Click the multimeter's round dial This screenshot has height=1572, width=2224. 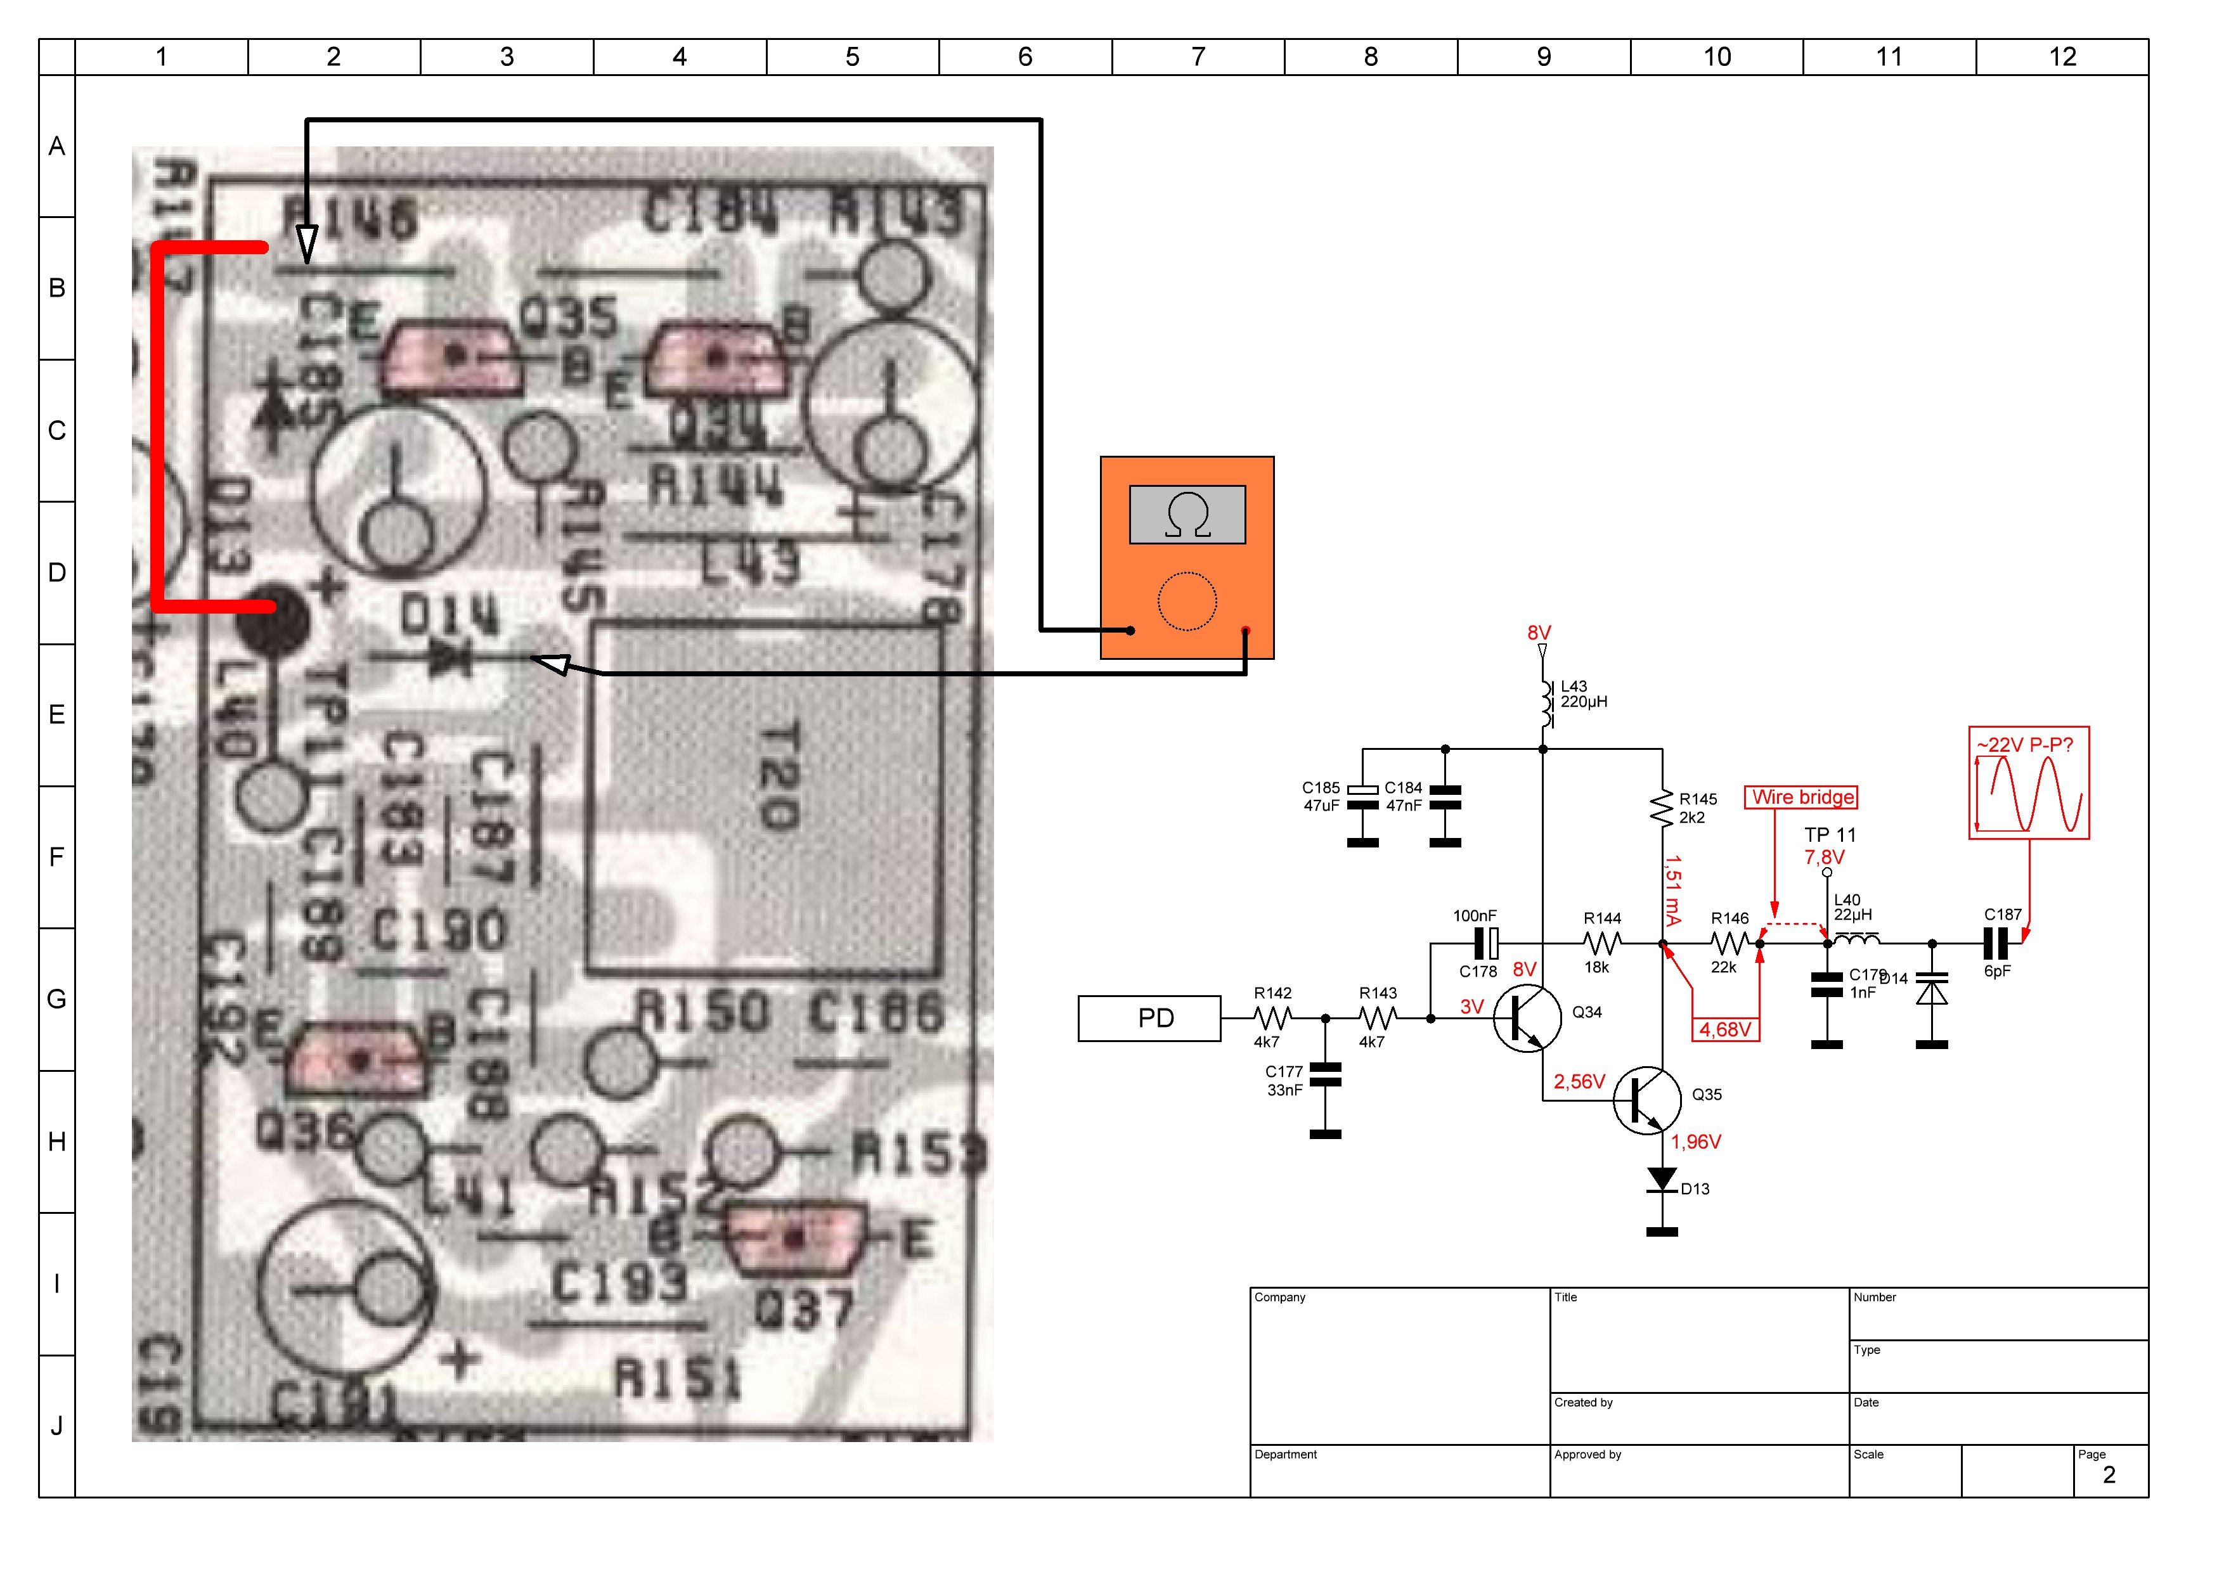pyautogui.click(x=1187, y=602)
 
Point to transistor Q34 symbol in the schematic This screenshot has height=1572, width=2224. pyautogui.click(x=1527, y=1018)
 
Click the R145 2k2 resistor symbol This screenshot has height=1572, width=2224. pyautogui.click(x=1662, y=808)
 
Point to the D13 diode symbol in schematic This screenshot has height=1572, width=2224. pyautogui.click(x=1662, y=1180)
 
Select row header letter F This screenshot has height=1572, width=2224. pyautogui.click(x=57, y=857)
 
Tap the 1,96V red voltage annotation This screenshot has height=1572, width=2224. pyautogui.click(x=1695, y=1142)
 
